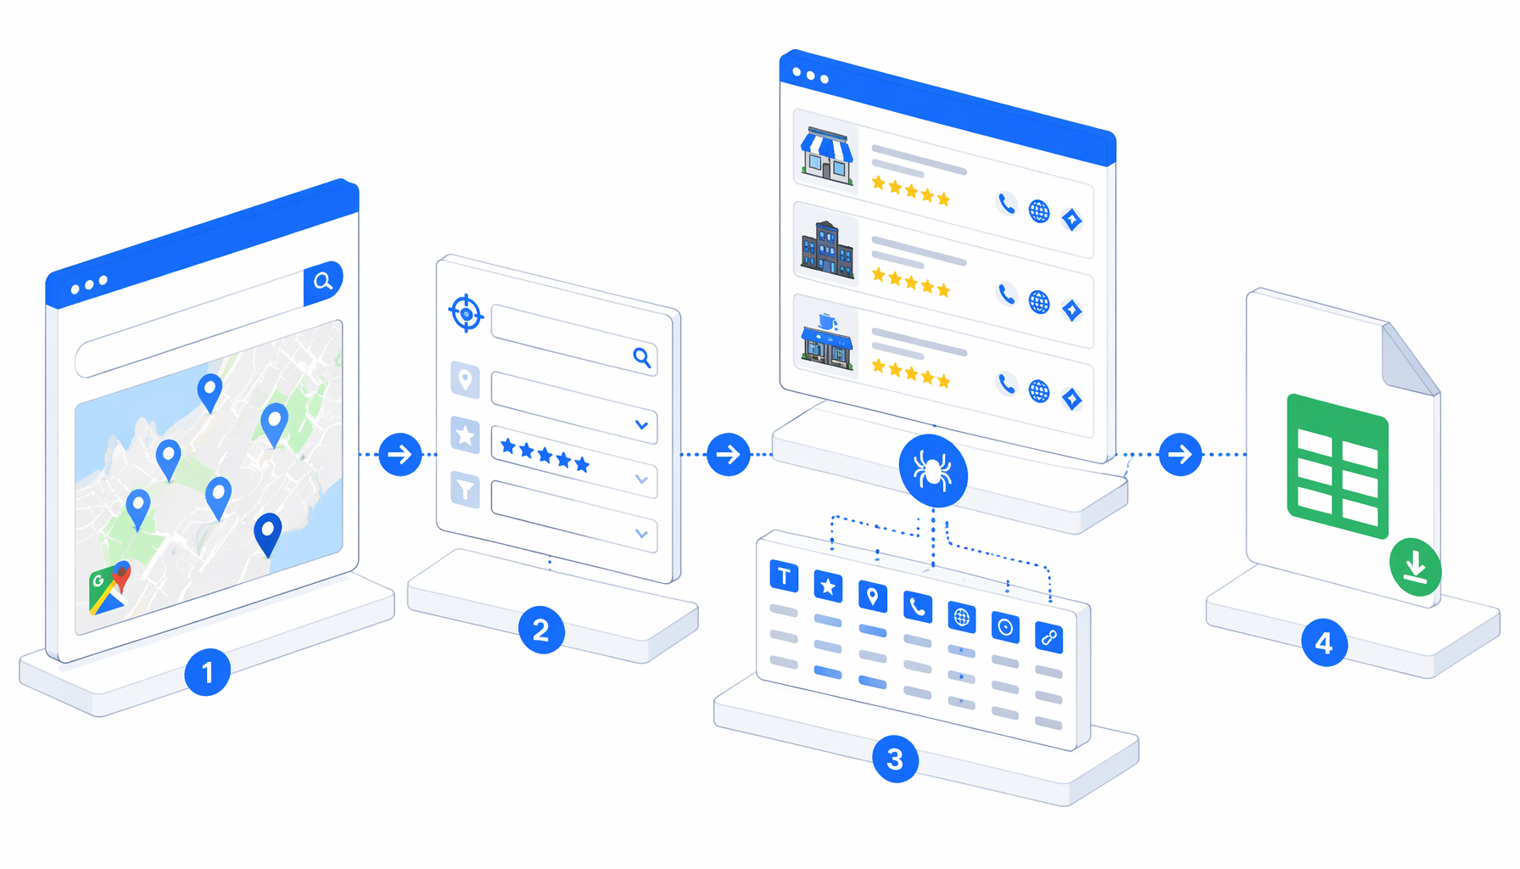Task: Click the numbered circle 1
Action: tap(207, 672)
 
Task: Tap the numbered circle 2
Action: tap(541, 630)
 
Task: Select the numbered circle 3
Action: tap(895, 759)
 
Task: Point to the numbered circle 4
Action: tap(1324, 642)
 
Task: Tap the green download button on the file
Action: tap(1415, 566)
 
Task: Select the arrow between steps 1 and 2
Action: tap(400, 454)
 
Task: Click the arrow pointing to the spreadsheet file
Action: tap(1180, 454)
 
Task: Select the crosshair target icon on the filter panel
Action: tap(466, 313)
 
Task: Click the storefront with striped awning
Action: tap(827, 155)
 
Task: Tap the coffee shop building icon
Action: tap(827, 341)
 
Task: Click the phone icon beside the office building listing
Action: tap(1006, 294)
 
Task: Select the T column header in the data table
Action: tap(784, 576)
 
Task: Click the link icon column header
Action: tap(1049, 636)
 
